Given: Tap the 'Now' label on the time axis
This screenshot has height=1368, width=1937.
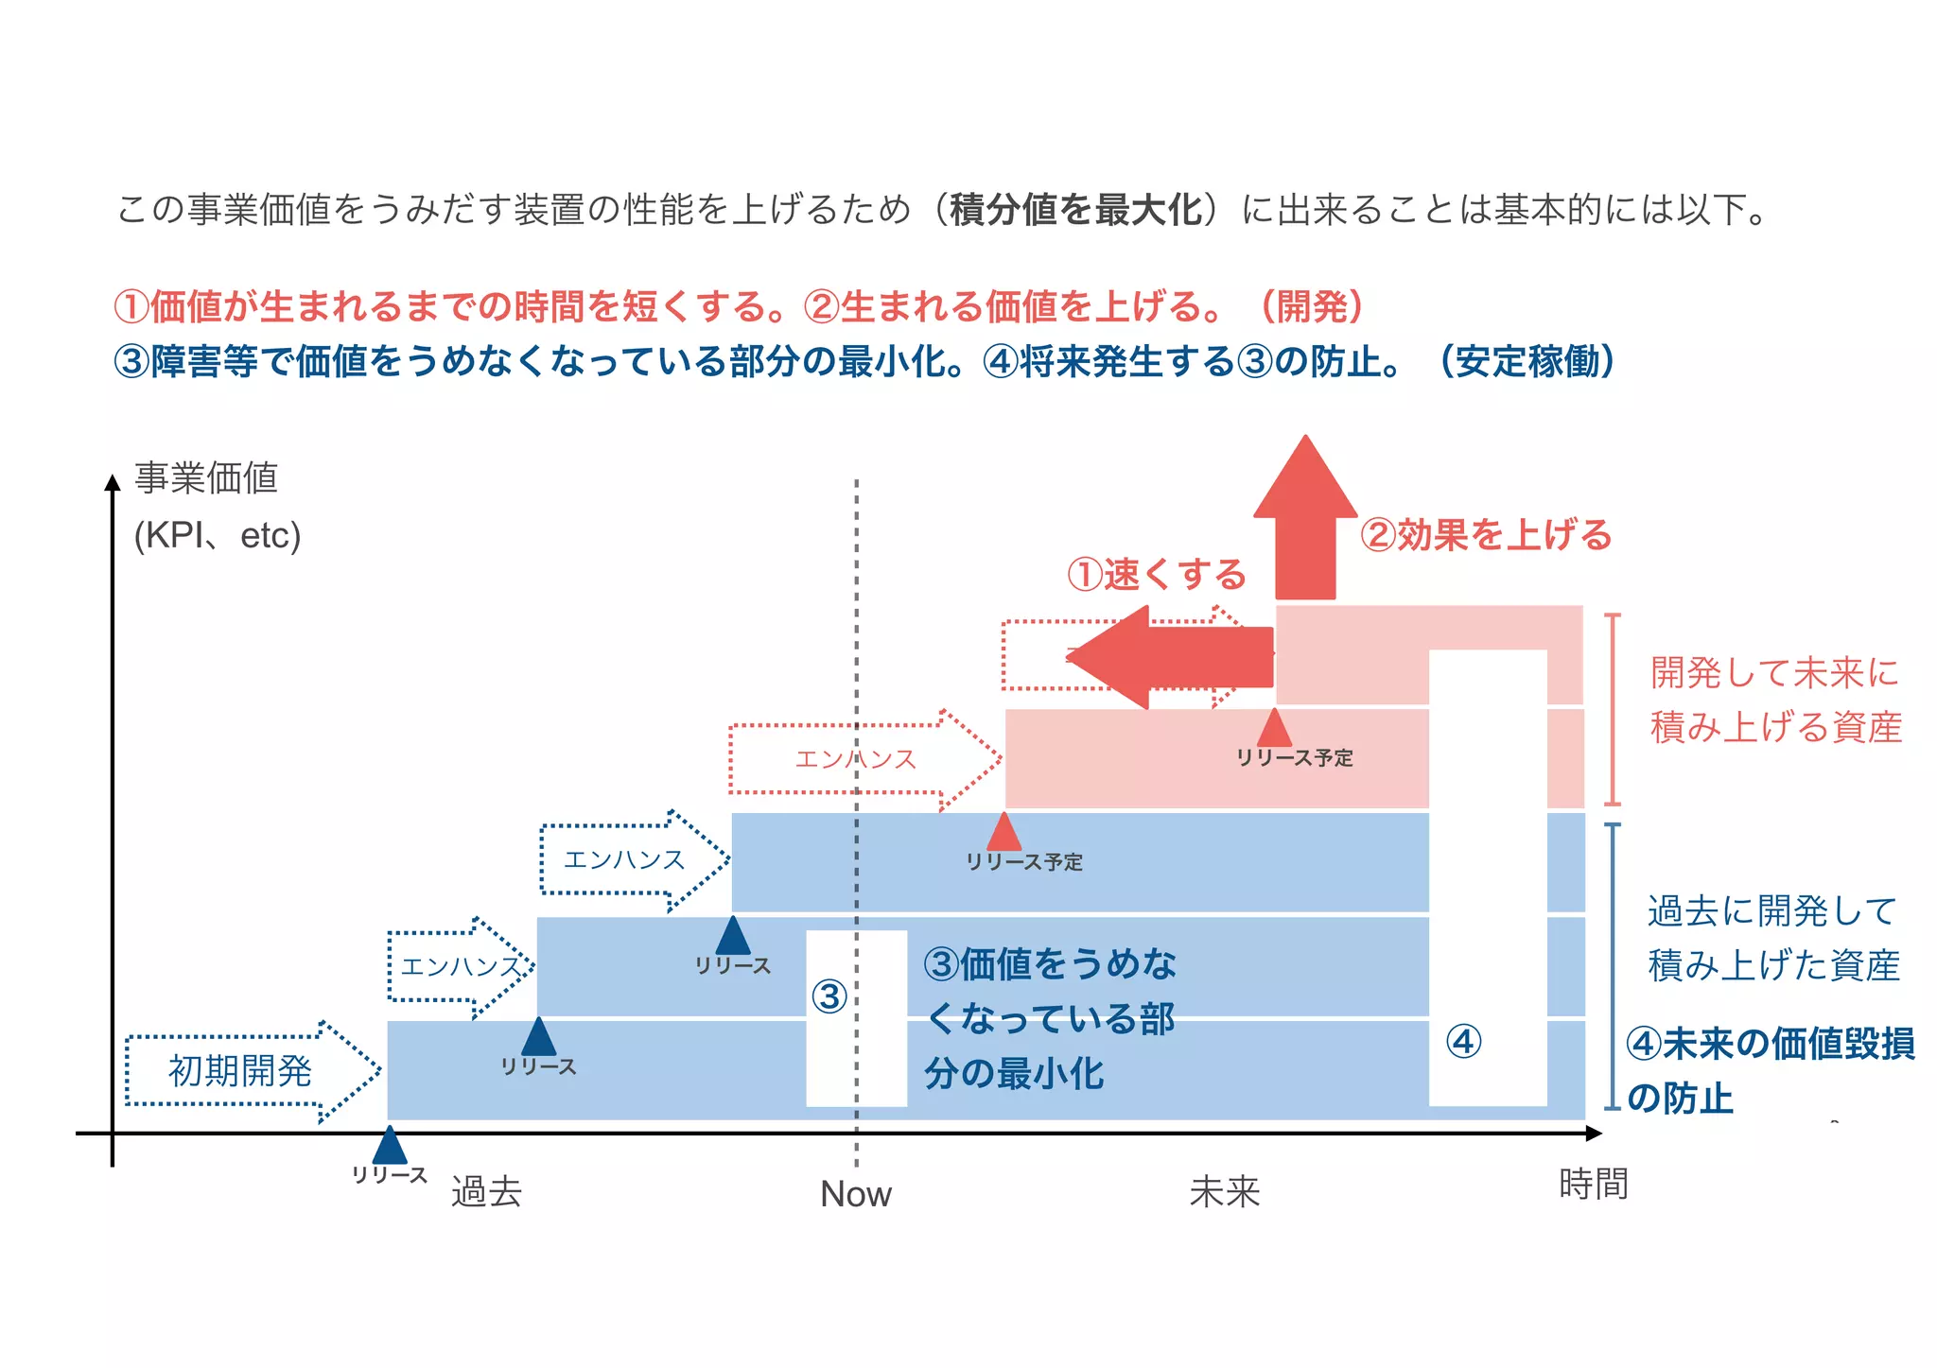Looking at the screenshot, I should [x=855, y=1194].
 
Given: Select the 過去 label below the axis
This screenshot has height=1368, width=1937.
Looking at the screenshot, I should [x=486, y=1192].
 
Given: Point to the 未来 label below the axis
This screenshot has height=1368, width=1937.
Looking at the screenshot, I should [x=1225, y=1192].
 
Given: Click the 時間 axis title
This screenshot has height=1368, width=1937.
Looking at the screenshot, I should [x=1594, y=1184].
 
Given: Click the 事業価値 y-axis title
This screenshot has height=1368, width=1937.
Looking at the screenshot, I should [x=206, y=478].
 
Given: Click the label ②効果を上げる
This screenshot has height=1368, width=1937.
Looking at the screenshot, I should [x=1486, y=535].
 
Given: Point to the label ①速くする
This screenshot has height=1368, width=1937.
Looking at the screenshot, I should [x=1157, y=575].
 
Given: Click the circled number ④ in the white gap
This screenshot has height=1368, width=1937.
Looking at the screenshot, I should [x=1464, y=1042].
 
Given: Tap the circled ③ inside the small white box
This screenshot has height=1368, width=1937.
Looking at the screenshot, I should [x=829, y=996].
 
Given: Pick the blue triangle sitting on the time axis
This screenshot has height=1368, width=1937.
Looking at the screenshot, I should [x=390, y=1146].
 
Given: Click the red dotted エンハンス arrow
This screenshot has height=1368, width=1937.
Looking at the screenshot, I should [x=856, y=759].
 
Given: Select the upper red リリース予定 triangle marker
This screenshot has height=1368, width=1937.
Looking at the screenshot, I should [x=1274, y=728].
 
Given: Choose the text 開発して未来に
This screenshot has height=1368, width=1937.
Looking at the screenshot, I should [x=1774, y=673].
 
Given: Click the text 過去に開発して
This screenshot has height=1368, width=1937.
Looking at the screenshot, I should [x=1772, y=911].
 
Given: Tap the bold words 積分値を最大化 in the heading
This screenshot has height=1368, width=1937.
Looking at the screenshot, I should [x=1075, y=210].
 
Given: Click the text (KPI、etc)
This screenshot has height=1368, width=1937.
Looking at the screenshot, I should [x=218, y=536].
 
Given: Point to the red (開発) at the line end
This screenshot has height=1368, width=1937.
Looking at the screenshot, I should [x=1312, y=306].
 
